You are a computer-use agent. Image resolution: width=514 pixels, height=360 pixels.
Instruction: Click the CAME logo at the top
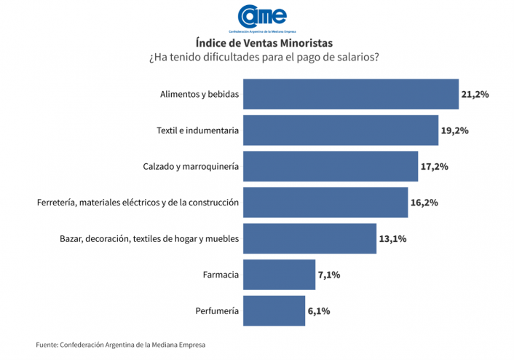click(x=262, y=17)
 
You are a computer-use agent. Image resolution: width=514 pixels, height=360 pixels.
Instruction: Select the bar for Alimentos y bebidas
click(x=350, y=94)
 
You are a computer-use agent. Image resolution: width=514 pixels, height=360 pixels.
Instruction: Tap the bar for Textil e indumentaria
click(x=340, y=130)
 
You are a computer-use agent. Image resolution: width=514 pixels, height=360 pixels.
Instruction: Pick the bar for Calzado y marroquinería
click(x=330, y=166)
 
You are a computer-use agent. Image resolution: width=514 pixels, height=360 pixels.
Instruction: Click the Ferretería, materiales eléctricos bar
click(x=325, y=203)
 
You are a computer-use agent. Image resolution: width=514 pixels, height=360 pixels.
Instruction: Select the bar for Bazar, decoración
click(x=309, y=239)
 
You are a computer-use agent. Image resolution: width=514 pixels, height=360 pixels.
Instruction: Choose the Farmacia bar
click(x=279, y=275)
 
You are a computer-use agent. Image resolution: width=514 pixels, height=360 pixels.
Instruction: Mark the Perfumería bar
click(x=274, y=311)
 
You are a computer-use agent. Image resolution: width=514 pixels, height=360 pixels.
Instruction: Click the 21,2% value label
click(x=475, y=95)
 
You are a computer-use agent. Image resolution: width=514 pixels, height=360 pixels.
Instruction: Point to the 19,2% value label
click(x=454, y=131)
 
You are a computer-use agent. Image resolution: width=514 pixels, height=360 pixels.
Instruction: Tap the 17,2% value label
click(x=434, y=167)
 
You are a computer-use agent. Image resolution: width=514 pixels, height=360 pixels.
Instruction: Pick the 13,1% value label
click(x=392, y=239)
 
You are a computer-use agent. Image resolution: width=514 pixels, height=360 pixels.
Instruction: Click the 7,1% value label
click(x=329, y=275)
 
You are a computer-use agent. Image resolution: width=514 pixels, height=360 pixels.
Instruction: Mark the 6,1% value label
click(x=319, y=311)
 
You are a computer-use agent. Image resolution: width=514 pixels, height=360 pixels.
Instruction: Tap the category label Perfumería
click(x=217, y=311)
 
